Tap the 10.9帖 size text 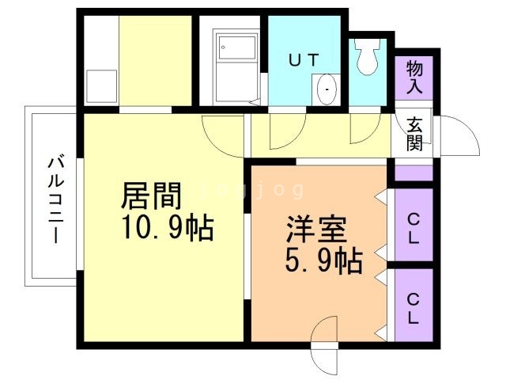point(166,227)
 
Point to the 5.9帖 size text point(323,259)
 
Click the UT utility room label point(305,59)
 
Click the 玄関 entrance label point(414,134)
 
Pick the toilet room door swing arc point(364,130)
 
